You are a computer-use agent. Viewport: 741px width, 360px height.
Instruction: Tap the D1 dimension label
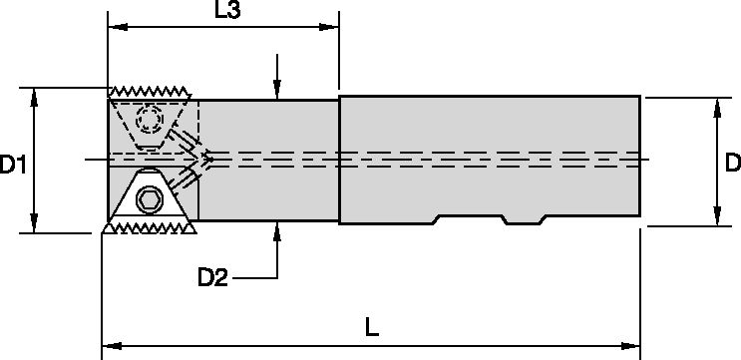13,164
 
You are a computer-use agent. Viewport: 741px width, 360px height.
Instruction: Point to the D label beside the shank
732,162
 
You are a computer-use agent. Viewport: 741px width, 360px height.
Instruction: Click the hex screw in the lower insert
151,199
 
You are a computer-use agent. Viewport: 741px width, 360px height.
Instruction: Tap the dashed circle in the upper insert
152,121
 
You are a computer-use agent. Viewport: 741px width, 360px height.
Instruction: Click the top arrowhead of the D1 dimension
35,94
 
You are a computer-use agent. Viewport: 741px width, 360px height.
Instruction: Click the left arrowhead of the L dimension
110,346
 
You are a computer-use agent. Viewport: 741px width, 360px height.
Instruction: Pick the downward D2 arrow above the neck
277,91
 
